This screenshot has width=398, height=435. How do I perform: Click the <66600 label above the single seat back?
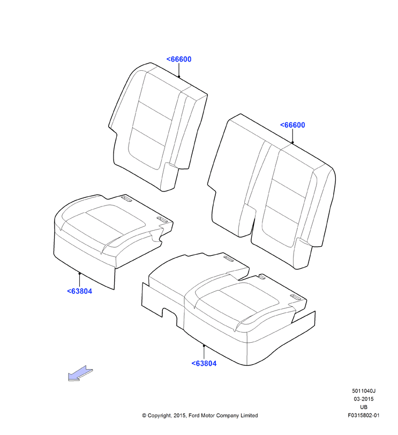pos(178,59)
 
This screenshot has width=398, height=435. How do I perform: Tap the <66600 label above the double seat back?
pos(292,125)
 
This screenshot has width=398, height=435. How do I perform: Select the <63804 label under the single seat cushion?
pos(79,291)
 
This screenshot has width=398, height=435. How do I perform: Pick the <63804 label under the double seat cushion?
pos(204,363)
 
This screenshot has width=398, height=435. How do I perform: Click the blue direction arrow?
pos(80,373)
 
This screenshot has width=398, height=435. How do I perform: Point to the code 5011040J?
pos(364,391)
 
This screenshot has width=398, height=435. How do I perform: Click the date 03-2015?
pos(364,399)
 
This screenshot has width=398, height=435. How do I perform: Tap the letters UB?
pos(364,407)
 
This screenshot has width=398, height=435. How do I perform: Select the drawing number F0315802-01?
pos(364,415)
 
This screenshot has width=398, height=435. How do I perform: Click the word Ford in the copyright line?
pos(194,415)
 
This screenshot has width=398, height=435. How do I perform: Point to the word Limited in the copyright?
pos(249,415)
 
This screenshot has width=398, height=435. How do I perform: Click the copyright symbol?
pos(144,416)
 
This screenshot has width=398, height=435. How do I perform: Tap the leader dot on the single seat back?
pos(179,77)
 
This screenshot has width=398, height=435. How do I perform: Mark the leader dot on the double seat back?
pos(292,143)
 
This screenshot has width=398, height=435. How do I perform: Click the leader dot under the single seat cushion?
pos(79,273)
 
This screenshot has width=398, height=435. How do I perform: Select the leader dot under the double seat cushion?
pos(204,345)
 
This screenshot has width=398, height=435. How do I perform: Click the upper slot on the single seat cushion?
pos(126,198)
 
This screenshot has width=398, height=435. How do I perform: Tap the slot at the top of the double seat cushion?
pos(229,259)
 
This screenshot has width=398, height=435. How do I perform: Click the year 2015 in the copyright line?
pos(180,415)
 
